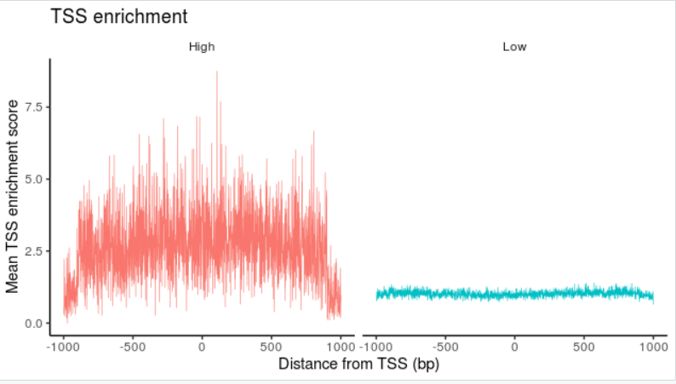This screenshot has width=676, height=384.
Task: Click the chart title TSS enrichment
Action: click(119, 16)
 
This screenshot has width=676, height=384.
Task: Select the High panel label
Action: click(202, 48)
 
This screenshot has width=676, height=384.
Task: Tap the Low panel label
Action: click(514, 48)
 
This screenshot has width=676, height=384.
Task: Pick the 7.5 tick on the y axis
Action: click(33, 107)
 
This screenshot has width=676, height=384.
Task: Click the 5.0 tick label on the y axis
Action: click(33, 180)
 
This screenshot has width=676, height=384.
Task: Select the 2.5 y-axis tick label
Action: click(33, 251)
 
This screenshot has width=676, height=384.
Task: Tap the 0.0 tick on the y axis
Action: click(33, 324)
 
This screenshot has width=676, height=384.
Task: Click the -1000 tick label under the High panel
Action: click(62, 347)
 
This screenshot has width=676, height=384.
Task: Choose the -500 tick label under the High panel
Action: click(132, 347)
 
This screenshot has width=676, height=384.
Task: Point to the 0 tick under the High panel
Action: click(202, 347)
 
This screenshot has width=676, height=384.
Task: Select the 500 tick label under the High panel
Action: click(272, 347)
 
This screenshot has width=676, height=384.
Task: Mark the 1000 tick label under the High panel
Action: click(341, 347)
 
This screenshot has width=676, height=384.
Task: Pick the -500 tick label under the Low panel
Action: click(445, 347)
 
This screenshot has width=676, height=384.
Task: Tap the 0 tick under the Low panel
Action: click(515, 347)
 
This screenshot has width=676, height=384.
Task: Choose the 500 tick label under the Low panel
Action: click(585, 347)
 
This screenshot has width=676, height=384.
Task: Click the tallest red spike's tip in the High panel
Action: click(216, 72)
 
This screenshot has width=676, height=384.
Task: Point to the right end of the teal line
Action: click(654, 297)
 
